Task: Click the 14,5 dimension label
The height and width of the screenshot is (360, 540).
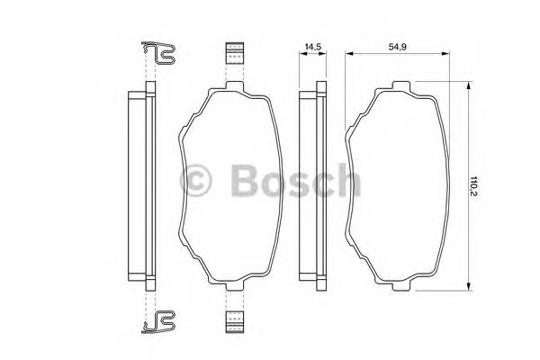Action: (x=313, y=47)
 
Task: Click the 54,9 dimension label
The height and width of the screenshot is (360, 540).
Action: (x=398, y=47)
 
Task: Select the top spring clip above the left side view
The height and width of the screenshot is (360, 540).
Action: (x=158, y=54)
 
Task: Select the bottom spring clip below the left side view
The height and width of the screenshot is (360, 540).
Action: (x=158, y=322)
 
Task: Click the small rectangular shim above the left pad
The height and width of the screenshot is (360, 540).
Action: (x=235, y=53)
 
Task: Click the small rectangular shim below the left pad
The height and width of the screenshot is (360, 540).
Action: (x=235, y=322)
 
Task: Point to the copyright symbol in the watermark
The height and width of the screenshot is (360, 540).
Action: (x=195, y=180)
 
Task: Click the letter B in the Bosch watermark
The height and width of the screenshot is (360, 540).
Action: (x=245, y=180)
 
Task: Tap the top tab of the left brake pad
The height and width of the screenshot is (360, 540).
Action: (x=235, y=85)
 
